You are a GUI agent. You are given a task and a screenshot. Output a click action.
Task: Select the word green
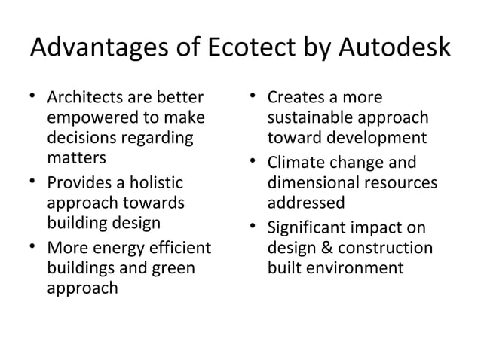[x=173, y=267]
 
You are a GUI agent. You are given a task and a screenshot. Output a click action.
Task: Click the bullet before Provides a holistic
[x=33, y=182]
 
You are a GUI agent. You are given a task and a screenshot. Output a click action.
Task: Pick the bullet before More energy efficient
[x=33, y=247]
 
